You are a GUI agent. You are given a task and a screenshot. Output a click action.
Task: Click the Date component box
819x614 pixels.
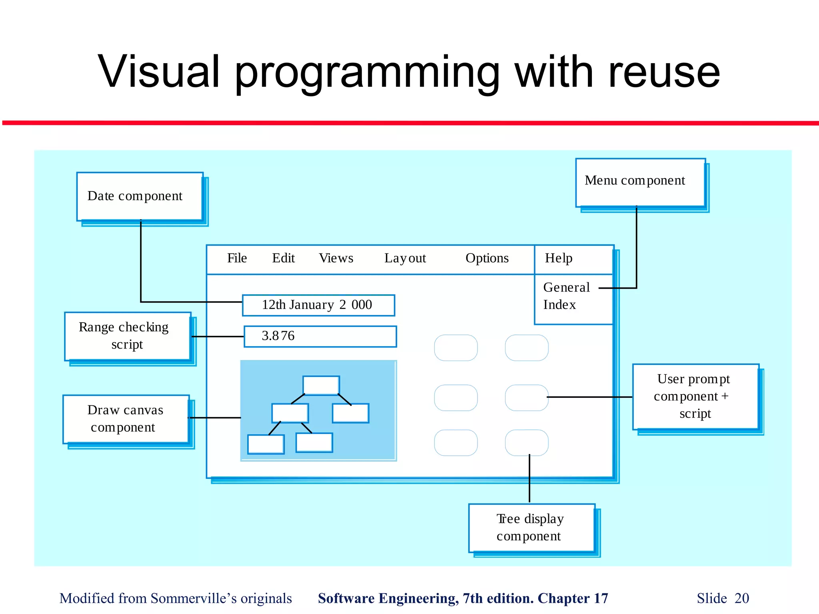point(140,196)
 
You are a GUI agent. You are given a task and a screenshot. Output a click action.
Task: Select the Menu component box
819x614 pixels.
point(640,182)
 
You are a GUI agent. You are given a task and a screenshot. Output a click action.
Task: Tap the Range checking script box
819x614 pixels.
point(128,336)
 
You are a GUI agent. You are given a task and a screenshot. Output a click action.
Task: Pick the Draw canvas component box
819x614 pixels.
point(126,419)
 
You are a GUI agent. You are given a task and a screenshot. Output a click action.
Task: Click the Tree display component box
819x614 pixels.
point(531,528)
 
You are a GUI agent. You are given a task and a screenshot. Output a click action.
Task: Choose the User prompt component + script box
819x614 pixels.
point(695,397)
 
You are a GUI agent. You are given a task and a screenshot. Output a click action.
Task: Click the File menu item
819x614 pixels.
point(237,258)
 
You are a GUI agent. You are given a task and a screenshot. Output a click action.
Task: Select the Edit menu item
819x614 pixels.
point(283,258)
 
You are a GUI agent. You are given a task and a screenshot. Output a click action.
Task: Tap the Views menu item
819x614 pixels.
point(336,258)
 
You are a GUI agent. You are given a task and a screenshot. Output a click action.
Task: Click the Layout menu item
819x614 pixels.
point(405,258)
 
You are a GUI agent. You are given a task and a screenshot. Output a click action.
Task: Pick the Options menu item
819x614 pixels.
point(487,258)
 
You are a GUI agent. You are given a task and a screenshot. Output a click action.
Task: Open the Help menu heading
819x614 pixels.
point(559,258)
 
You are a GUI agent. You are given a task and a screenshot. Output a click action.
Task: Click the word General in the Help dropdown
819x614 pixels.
point(566,287)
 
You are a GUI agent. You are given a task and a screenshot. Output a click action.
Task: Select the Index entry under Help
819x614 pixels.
point(559,305)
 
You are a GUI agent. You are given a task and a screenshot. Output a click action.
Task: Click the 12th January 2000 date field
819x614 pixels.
point(318,305)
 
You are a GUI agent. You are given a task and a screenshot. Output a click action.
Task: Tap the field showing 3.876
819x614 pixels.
point(320,336)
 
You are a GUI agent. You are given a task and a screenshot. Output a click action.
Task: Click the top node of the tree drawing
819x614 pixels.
point(321,385)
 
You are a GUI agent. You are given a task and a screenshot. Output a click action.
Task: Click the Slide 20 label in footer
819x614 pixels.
point(723,598)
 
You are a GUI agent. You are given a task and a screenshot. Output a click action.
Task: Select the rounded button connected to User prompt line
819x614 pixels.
point(527,398)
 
